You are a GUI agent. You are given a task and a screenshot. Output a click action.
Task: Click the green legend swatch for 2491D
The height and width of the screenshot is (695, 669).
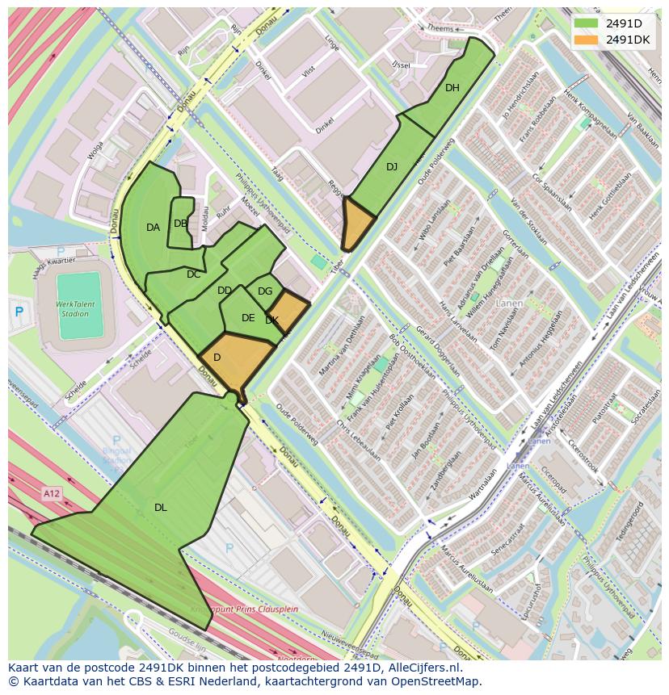[x=587, y=23]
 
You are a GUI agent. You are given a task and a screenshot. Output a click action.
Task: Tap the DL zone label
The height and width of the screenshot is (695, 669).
[x=161, y=508]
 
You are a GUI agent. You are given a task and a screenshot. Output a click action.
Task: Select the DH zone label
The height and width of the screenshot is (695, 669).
[x=452, y=88]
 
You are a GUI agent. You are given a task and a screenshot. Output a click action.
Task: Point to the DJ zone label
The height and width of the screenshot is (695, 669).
[x=392, y=167]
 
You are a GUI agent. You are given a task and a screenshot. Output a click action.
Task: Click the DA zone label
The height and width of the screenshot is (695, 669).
[x=153, y=228]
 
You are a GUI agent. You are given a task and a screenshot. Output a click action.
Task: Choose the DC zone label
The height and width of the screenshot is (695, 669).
[x=193, y=274]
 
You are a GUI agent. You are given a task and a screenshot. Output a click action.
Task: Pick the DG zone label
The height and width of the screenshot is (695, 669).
[x=265, y=291]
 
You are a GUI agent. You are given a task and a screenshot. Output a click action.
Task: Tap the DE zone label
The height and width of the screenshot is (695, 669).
[x=248, y=318]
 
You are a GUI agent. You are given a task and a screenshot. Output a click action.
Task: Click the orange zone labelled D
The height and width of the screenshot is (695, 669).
[x=217, y=358]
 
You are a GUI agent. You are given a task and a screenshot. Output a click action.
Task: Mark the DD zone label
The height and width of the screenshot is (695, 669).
[x=225, y=291]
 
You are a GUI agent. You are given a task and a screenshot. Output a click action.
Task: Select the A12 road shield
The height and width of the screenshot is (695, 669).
[x=52, y=492]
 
